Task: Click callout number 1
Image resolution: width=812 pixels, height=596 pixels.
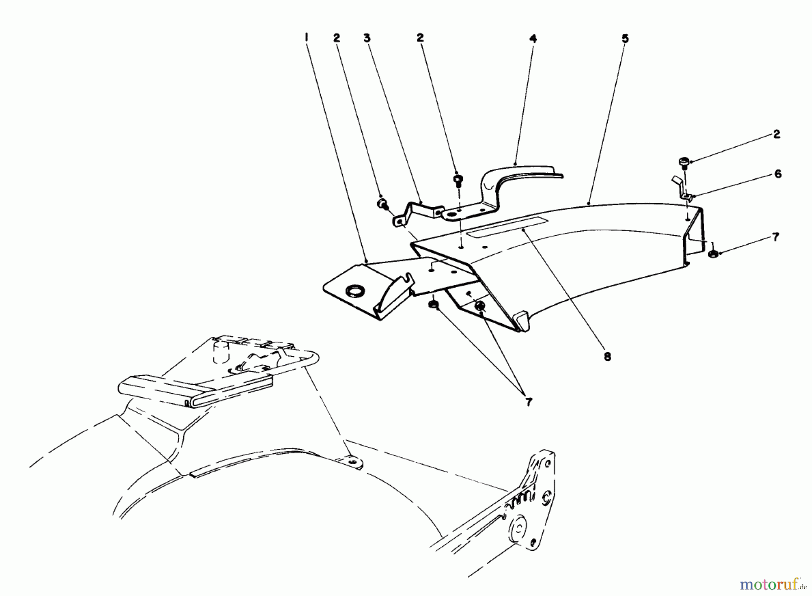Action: click(306, 38)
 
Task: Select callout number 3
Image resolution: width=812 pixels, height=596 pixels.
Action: click(367, 38)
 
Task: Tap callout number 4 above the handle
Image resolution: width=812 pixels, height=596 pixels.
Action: click(533, 39)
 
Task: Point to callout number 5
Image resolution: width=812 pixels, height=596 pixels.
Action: click(625, 39)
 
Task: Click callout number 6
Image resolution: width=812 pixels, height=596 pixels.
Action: click(778, 174)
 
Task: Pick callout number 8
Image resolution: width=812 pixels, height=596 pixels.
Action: click(607, 357)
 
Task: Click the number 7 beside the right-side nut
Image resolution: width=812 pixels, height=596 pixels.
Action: click(775, 237)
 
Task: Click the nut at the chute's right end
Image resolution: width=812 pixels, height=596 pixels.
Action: click(712, 254)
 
